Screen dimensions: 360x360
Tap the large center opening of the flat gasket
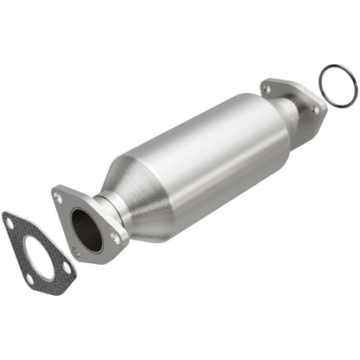coord(36,254)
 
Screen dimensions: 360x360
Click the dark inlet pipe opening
coord(86,228)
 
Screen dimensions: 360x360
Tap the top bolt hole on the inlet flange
coord(59,197)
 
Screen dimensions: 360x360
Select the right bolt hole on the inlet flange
coord(115,237)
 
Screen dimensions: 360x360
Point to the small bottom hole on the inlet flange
coord(76,252)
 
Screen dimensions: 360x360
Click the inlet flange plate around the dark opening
coord(67,216)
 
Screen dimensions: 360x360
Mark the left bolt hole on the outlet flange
coord(267,88)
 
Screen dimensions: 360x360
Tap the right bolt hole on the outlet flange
coord(314,110)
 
